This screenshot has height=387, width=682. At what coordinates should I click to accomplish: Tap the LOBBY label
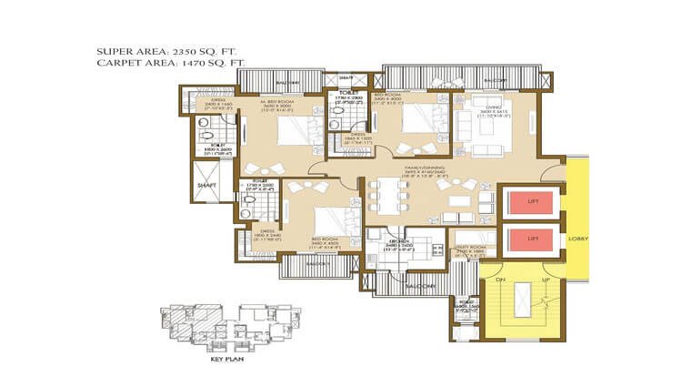tap(577, 239)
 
